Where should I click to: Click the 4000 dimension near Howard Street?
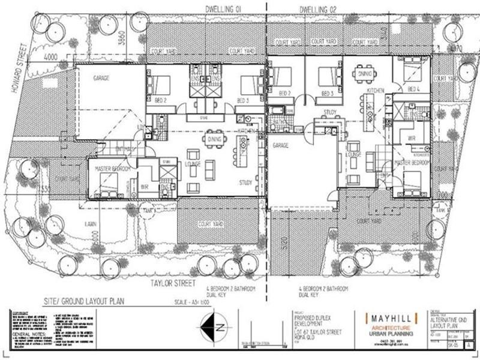[x=50, y=58]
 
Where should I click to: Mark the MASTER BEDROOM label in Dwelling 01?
[x=113, y=170]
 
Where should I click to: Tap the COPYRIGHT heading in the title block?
[x=20, y=313]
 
